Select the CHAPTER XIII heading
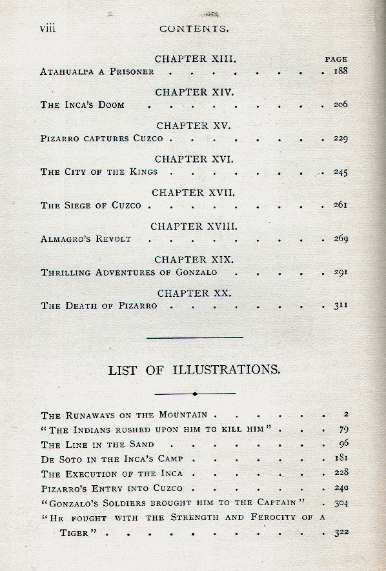pyautogui.click(x=196, y=59)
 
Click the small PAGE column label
pyautogui.click(x=336, y=59)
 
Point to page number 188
pyautogui.click(x=340, y=71)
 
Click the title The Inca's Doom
pyautogui.click(x=83, y=105)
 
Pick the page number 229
pyautogui.click(x=340, y=138)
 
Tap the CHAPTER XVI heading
pyautogui.click(x=194, y=159)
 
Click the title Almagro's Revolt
pyautogui.click(x=86, y=239)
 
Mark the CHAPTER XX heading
pyautogui.click(x=194, y=293)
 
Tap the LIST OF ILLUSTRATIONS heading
pyautogui.click(x=194, y=370)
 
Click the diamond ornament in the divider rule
pyautogui.click(x=194, y=393)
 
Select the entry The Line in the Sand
pyautogui.click(x=97, y=445)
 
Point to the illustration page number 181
pyautogui.click(x=341, y=459)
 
